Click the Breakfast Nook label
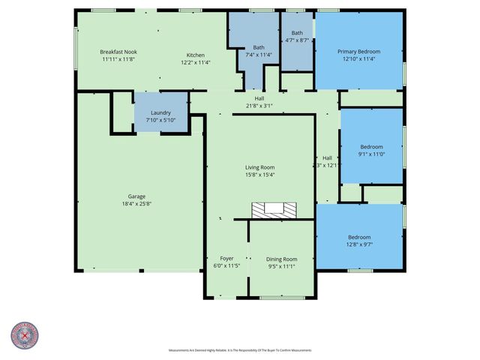118,52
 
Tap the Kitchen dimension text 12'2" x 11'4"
195,63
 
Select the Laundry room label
160,112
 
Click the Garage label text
136,196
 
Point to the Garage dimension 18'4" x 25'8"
136,204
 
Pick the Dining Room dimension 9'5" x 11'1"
283,266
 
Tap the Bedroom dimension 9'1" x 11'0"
371,154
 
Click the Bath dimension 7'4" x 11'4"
259,54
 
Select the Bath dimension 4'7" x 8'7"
297,40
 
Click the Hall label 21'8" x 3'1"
259,106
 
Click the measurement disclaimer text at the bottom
240,350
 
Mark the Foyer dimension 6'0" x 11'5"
226,266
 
